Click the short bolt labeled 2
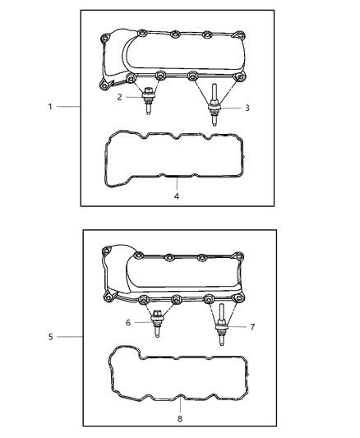(147, 104)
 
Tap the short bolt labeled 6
(156, 327)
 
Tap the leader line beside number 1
(68, 107)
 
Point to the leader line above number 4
(175, 184)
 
